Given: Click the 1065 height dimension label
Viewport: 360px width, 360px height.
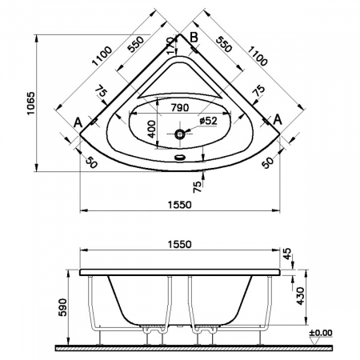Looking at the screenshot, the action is coord(31,103).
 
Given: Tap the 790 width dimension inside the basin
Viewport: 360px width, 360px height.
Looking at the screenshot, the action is coord(180,108).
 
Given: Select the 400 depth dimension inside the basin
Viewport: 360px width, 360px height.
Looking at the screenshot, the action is coord(151,129).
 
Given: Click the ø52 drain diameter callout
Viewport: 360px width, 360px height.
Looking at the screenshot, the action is coord(209,121).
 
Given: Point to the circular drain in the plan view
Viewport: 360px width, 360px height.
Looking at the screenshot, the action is coord(180,134).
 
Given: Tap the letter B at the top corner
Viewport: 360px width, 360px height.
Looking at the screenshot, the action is coord(194,38).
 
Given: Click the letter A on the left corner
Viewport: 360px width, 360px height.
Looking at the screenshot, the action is coord(78,122).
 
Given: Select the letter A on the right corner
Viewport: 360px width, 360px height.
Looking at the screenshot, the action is coord(278,119).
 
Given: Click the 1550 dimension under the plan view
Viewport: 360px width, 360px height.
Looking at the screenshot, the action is coord(180,205).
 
